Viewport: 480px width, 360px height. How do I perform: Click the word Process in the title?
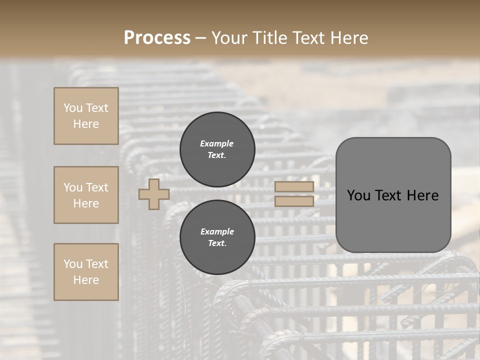click(x=157, y=37)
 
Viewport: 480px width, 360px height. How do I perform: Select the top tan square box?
click(x=86, y=116)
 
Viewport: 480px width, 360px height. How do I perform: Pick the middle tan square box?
click(x=86, y=195)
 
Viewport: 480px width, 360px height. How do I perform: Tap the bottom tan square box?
click(x=86, y=272)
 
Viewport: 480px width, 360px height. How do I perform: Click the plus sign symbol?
click(x=154, y=194)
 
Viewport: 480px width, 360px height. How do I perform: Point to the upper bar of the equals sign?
click(x=294, y=186)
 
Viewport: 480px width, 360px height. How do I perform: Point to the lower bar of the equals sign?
click(x=294, y=201)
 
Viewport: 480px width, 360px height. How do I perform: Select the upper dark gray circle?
click(x=217, y=149)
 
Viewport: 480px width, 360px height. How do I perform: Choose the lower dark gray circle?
click(x=217, y=237)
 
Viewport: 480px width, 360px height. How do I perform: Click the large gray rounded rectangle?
click(x=393, y=195)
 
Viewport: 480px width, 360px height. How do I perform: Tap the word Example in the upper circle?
click(x=217, y=143)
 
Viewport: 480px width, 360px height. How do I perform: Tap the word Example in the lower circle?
click(x=217, y=231)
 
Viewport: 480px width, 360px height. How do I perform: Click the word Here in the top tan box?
click(x=86, y=124)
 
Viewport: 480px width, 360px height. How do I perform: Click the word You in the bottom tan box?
click(x=73, y=264)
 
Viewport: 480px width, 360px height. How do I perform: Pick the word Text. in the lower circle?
click(x=217, y=243)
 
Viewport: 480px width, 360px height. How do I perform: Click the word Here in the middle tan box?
click(x=86, y=203)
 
